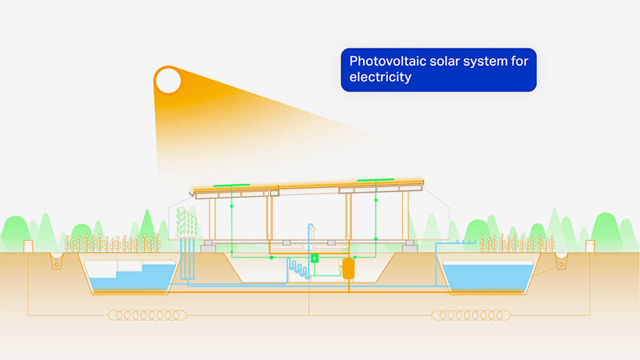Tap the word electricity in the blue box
tap(380, 78)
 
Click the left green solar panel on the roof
tap(231, 186)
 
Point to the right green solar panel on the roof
tap(376, 181)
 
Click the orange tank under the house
tap(348, 268)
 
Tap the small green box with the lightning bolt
tap(315, 258)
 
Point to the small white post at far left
tap(29, 246)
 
